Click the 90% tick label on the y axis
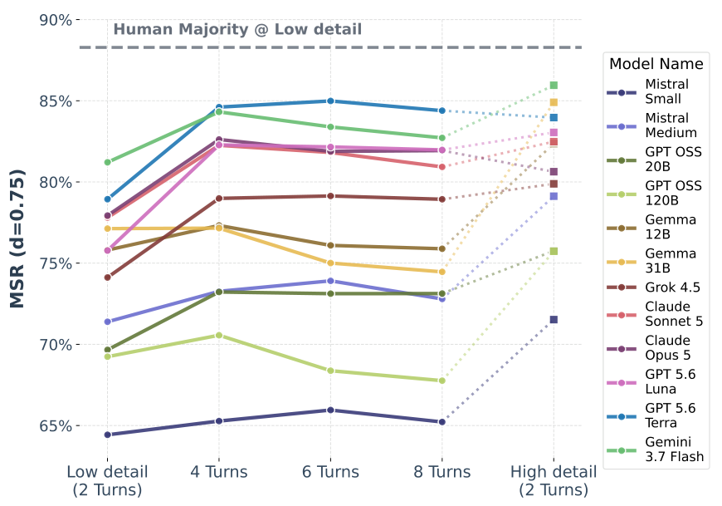tap(56, 20)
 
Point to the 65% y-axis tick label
tap(56, 425)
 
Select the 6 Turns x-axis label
tap(330, 472)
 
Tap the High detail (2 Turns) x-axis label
tap(554, 480)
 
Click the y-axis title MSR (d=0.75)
tap(17, 238)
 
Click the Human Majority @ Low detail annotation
tap(237, 29)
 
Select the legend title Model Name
tap(656, 64)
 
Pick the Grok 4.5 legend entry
tap(653, 287)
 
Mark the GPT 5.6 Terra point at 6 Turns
tap(330, 101)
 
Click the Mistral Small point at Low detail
tap(108, 435)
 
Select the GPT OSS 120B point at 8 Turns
tap(442, 381)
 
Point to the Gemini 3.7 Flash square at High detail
tap(554, 86)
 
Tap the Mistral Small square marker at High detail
tap(554, 319)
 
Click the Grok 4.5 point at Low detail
tap(108, 278)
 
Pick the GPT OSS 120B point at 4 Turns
tap(219, 336)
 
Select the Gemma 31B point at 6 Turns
tap(330, 263)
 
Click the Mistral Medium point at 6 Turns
tap(330, 281)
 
